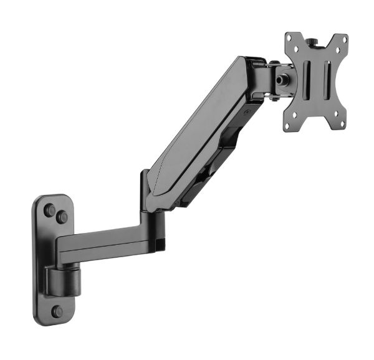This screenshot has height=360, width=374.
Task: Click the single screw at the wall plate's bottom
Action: pos(57,310)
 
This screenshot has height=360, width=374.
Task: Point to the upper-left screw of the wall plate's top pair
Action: pos(49,210)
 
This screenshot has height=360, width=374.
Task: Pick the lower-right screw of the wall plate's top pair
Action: pos(62,217)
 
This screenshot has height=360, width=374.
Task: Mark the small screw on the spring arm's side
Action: pos(247,113)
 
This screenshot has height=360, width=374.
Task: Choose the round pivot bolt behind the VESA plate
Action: pos(283,80)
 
